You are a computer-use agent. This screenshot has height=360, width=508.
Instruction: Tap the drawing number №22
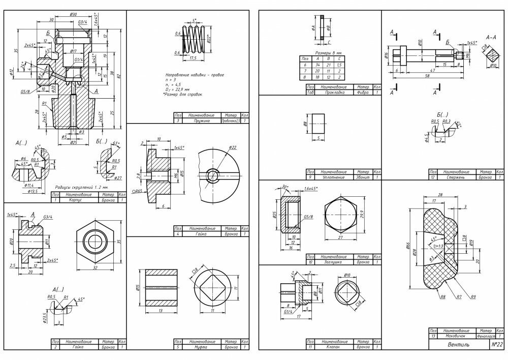click(497, 344)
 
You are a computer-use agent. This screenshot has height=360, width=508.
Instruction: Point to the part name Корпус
click(78, 200)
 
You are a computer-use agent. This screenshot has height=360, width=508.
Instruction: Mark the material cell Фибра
click(362, 93)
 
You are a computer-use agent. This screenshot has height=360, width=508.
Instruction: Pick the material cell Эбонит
click(362, 177)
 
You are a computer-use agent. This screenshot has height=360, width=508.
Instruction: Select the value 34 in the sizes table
click(314, 65)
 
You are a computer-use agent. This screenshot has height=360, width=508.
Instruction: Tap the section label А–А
click(491, 37)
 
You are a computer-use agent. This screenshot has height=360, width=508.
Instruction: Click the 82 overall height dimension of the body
click(120, 76)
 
